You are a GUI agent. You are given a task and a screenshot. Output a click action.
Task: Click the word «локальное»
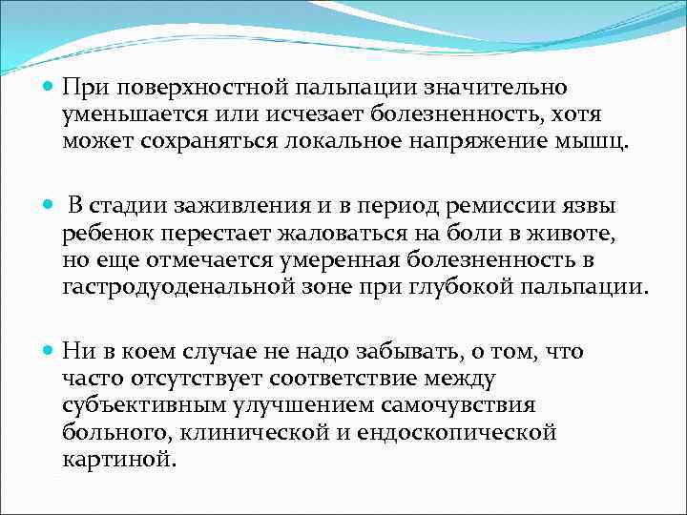pyautogui.click(x=343, y=141)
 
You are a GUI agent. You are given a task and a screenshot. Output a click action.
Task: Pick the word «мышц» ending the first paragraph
pyautogui.click(x=595, y=141)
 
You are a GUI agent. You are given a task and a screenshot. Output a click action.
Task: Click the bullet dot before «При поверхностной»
pyautogui.click(x=49, y=88)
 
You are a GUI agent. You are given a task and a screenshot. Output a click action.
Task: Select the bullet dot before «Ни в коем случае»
pyautogui.click(x=49, y=352)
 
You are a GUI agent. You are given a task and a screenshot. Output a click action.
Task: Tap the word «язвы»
pyautogui.click(x=587, y=207)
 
